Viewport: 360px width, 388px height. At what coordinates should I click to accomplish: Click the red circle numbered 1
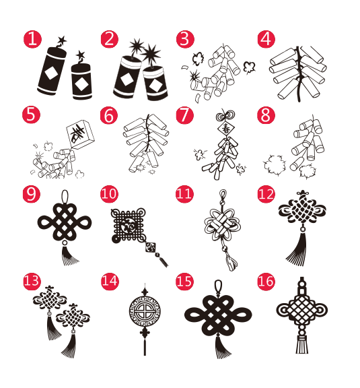(32, 39)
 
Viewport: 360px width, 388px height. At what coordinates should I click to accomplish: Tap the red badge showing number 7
(184, 115)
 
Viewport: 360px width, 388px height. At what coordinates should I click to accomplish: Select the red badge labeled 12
(266, 194)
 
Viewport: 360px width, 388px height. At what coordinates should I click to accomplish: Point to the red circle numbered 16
(266, 282)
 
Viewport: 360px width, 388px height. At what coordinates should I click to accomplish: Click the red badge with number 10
(109, 194)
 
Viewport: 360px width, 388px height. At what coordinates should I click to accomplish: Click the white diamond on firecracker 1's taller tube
(52, 73)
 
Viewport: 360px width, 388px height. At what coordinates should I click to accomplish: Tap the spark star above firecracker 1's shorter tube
(80, 55)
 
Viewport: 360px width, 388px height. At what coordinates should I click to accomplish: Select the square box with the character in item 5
(80, 134)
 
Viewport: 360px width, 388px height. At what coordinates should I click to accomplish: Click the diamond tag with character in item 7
(226, 129)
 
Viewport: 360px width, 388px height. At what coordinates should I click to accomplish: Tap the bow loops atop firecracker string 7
(225, 115)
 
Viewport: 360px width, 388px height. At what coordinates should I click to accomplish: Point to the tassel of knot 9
(69, 255)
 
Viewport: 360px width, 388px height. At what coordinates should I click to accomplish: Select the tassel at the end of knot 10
(163, 261)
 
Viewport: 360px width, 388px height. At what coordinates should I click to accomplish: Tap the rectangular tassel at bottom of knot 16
(302, 345)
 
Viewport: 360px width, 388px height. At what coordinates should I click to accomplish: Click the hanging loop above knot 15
(218, 287)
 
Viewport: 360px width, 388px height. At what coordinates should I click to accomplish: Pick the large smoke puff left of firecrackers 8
(275, 165)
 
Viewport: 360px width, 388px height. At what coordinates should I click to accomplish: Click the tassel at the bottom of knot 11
(230, 263)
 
